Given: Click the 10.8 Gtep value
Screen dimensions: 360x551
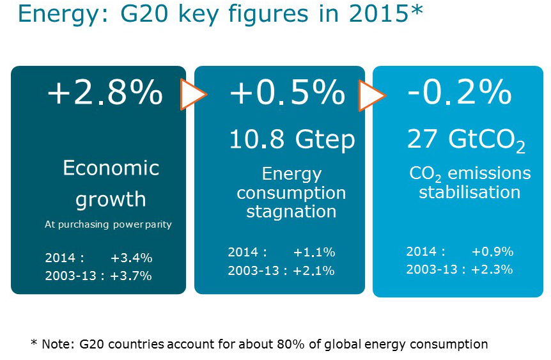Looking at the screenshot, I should pos(291,139).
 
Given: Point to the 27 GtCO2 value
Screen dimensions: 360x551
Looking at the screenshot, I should pos(466,140).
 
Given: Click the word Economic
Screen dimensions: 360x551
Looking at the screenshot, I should pos(111,168).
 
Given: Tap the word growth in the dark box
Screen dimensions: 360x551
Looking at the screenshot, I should pos(111,199).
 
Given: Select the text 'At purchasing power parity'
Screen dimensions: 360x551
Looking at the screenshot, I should pos(108,224).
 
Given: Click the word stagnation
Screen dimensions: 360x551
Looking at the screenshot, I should pos(291,211).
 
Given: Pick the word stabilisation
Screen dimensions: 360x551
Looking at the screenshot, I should pos(469,191).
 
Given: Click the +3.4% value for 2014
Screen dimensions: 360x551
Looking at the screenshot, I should pos(131,258).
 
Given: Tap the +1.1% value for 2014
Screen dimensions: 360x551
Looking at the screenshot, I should pos(314,253).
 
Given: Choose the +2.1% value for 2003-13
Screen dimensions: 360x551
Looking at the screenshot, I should pos(314,270).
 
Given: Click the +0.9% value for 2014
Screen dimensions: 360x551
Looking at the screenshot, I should pos(492,251).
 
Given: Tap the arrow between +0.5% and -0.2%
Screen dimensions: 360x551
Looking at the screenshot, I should pos(371,95).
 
